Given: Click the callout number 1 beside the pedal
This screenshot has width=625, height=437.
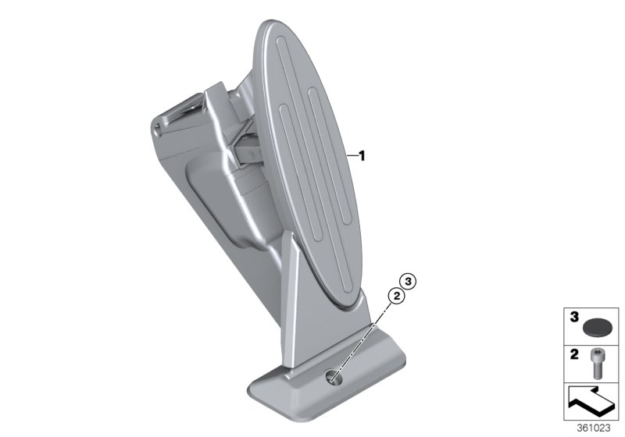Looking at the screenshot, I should (x=362, y=156).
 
